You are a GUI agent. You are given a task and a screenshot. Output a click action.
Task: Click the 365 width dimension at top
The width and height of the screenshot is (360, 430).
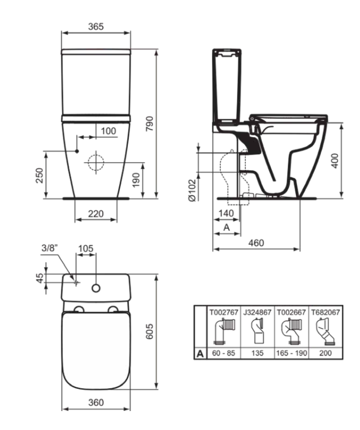coord(95,27)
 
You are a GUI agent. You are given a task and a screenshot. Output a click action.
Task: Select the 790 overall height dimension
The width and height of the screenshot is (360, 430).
coord(150,123)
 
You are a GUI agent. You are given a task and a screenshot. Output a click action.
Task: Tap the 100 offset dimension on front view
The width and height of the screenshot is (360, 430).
coord(108,131)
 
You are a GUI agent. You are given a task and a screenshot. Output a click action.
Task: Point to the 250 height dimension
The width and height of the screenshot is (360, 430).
coord(38,175)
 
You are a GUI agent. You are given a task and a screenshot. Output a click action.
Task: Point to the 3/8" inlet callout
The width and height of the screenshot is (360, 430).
coord(50,248)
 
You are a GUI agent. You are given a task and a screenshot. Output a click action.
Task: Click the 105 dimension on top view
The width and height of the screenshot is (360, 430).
coord(85,248)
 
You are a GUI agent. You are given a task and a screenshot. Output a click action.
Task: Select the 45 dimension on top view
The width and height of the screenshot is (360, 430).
coord(40,277)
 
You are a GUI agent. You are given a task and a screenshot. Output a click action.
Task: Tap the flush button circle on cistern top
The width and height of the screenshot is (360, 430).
coord(96,286)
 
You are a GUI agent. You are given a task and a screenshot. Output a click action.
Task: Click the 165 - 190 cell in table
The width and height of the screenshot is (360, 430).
coord(292,354)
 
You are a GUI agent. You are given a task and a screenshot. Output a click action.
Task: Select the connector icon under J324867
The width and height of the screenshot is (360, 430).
coord(257,332)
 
